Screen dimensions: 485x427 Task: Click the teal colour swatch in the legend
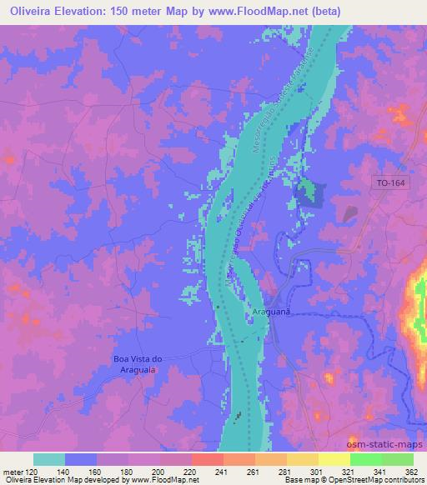tap(49, 459)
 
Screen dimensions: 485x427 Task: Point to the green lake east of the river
tap(309, 192)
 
